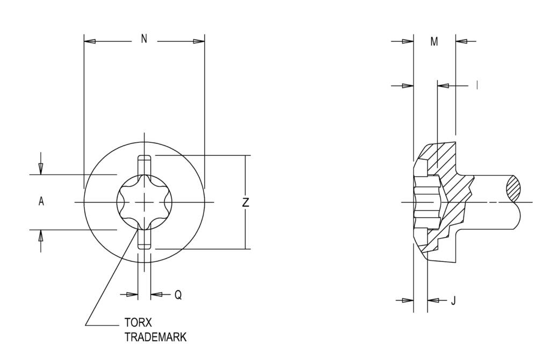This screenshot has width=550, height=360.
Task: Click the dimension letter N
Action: [x=144, y=39]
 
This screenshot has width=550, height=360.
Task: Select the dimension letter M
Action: [x=434, y=42]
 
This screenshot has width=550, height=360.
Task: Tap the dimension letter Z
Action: [x=246, y=202]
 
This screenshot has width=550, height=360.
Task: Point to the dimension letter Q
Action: [x=178, y=295]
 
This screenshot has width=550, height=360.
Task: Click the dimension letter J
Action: [x=453, y=301]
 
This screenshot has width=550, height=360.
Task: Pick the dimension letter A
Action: [x=41, y=201]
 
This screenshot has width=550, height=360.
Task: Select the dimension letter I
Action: [x=477, y=85]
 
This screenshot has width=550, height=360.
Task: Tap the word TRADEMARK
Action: [x=156, y=337]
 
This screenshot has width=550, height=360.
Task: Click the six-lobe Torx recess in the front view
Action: [x=144, y=201]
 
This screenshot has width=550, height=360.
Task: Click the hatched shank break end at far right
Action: [x=514, y=190]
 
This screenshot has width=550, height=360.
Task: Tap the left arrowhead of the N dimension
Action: [x=90, y=41]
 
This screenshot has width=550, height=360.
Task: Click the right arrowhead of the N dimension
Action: [x=199, y=41]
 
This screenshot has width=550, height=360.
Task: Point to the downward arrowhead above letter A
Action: [x=41, y=169]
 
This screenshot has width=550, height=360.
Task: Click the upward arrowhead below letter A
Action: [x=41, y=235]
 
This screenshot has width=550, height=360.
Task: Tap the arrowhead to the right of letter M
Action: [x=461, y=41]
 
